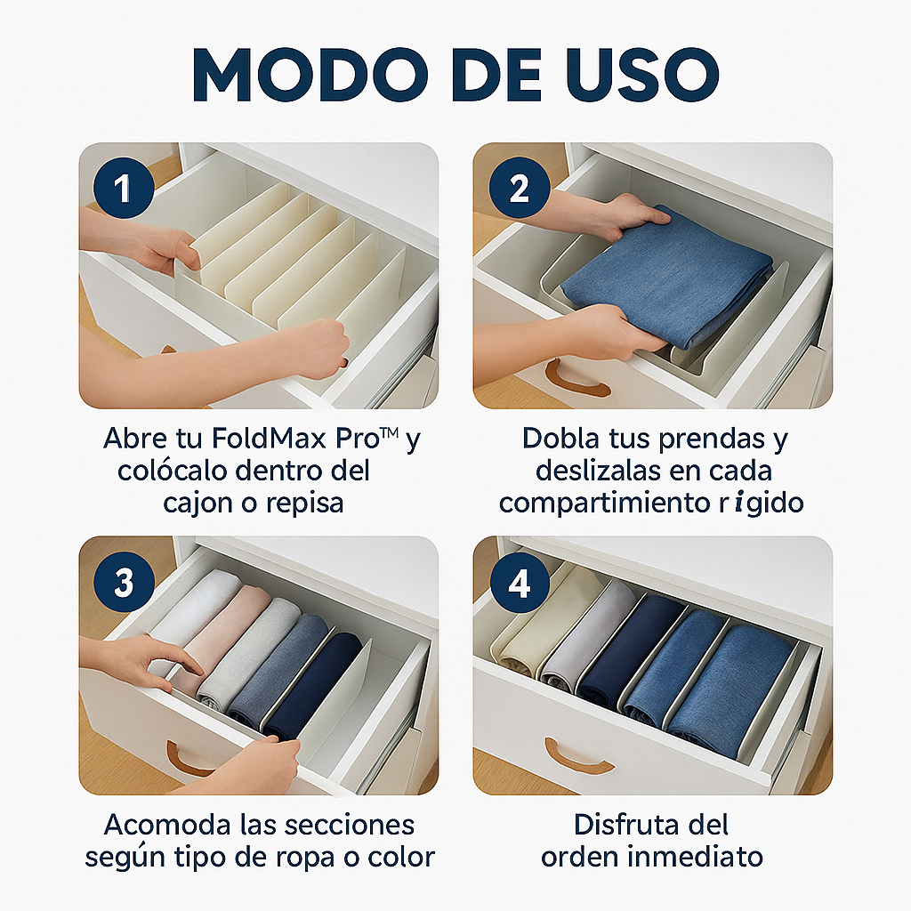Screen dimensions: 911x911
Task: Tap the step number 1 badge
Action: (x=124, y=188)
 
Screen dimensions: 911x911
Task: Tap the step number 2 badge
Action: (x=518, y=188)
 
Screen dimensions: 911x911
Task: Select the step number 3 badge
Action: (x=124, y=583)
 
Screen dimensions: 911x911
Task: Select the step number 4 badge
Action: (x=518, y=583)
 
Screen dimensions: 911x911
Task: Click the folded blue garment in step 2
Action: (x=667, y=276)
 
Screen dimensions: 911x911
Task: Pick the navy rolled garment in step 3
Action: (x=316, y=685)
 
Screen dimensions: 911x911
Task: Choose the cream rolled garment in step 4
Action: (x=534, y=632)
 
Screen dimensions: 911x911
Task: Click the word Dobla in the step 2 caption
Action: (x=565, y=439)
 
